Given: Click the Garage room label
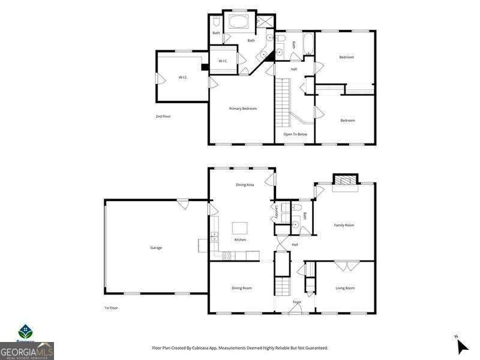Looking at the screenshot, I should click(x=156, y=248).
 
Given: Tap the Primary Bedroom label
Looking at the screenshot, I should click(x=243, y=109).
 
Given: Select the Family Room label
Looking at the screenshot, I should click(x=344, y=225).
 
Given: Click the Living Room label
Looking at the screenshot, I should click(x=345, y=288).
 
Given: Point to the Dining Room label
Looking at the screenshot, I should click(x=242, y=288).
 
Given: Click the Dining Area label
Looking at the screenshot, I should click(x=244, y=185).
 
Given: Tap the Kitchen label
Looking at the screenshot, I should click(x=240, y=239).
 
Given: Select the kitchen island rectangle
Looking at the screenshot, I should click(x=240, y=227).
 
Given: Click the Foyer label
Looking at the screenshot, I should click(x=297, y=302).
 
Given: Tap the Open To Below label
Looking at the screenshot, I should click(x=295, y=134).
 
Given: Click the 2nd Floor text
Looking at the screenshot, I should click(x=163, y=116).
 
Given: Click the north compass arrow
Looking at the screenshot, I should click(x=462, y=346).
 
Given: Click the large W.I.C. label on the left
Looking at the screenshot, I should click(x=183, y=77).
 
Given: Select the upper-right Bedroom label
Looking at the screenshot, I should click(x=347, y=57).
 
